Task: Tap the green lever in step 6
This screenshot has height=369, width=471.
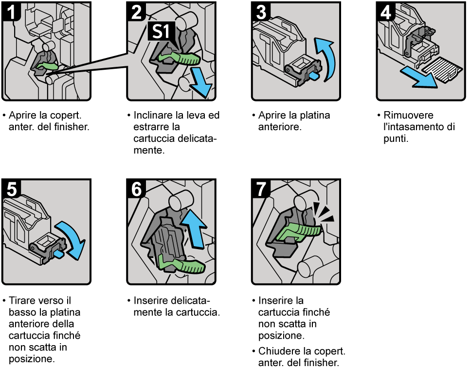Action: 182,266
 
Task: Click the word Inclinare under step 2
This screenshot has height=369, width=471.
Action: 152,116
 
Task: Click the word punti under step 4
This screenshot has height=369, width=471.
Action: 396,139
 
